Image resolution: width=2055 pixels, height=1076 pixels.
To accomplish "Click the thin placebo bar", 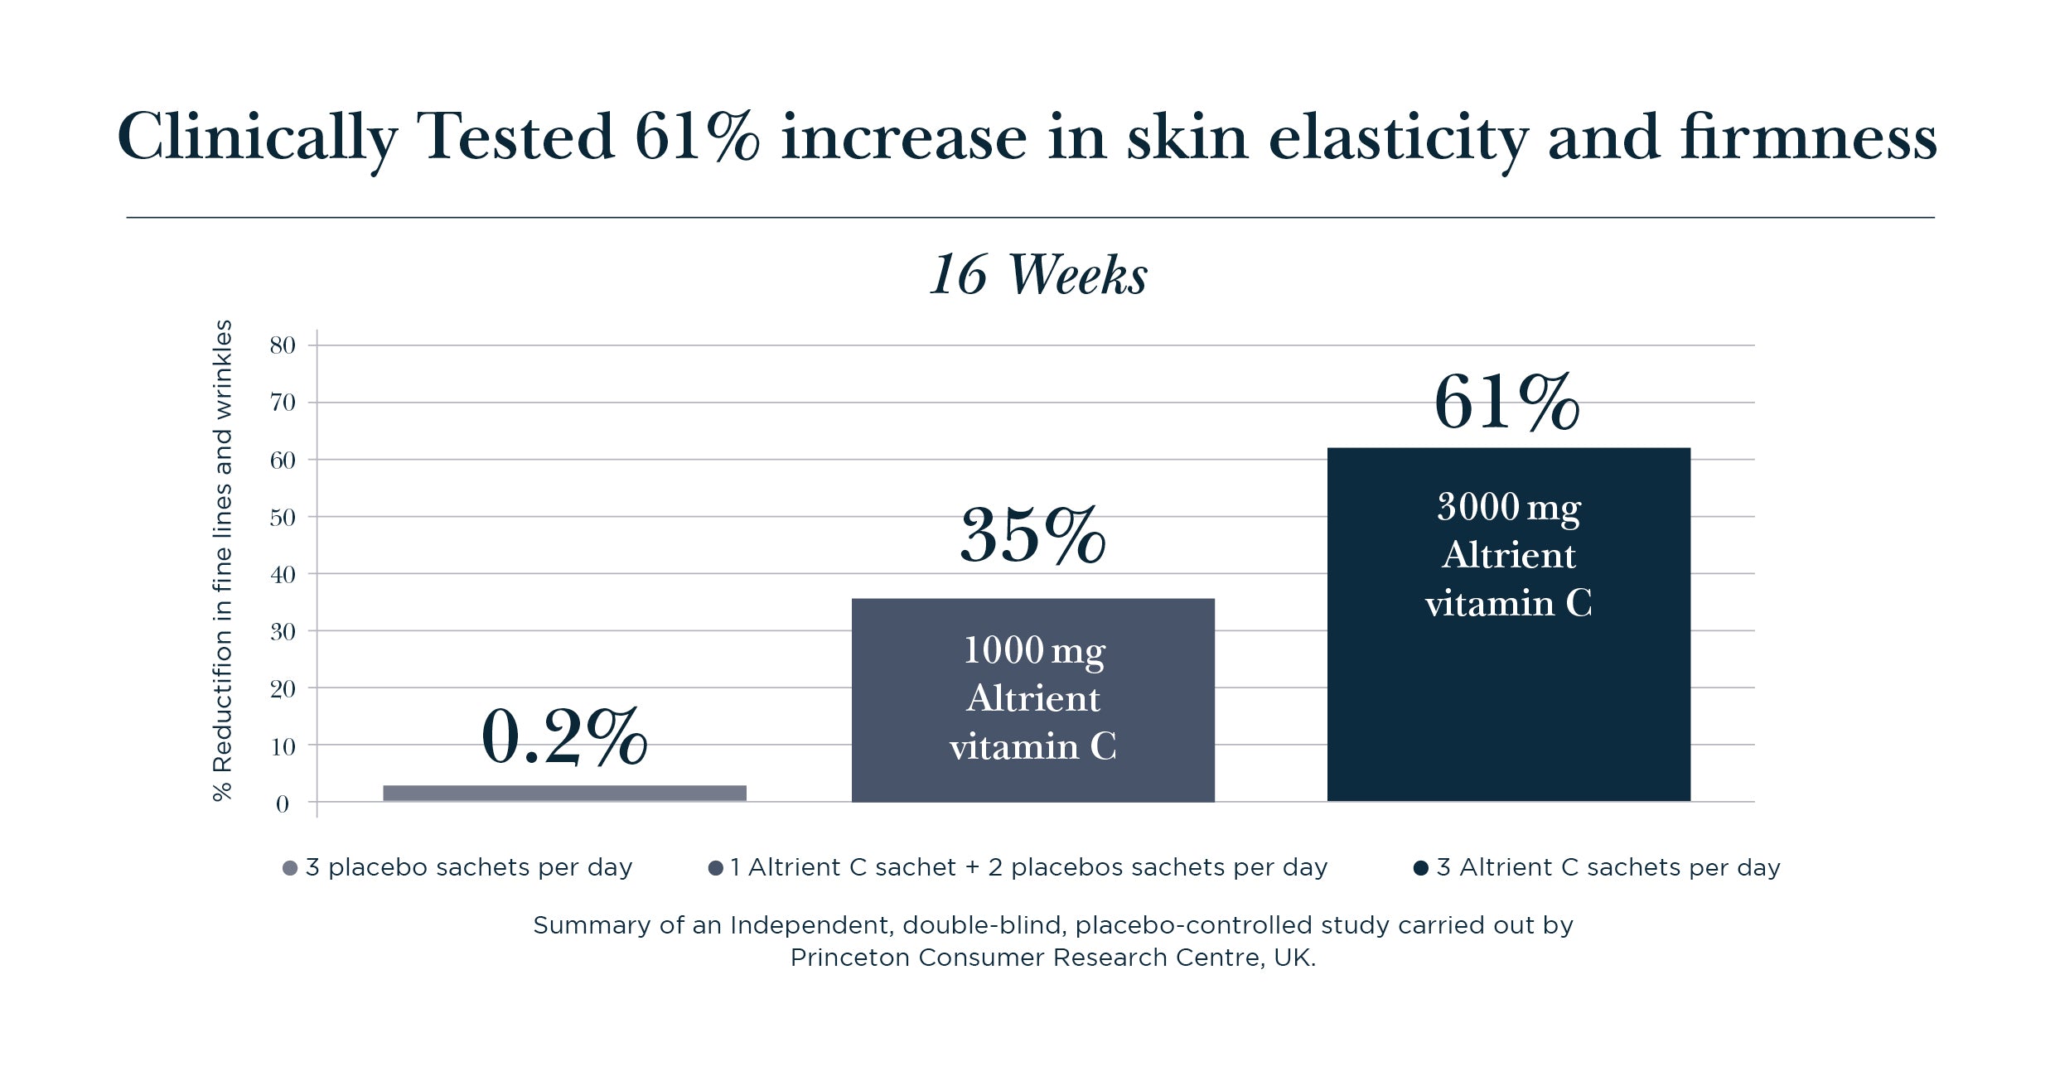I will [564, 793].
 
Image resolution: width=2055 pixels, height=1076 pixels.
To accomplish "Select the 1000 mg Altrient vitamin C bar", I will [1032, 700].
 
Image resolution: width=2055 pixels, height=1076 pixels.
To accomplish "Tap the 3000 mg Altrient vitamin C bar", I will [1508, 625].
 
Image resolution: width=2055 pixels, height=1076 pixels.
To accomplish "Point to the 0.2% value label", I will [564, 736].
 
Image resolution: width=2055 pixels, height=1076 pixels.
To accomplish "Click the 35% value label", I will [1032, 535].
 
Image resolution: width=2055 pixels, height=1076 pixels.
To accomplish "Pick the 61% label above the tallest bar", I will [1506, 403].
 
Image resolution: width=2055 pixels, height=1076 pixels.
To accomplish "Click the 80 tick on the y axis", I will [283, 345].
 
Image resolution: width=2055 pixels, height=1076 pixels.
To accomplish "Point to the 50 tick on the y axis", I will [283, 518].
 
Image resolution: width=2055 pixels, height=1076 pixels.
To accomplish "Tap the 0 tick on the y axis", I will [283, 803].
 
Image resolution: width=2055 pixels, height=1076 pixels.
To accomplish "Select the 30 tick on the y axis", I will [283, 632].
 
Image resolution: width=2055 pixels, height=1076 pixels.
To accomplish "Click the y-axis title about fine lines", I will [222, 561].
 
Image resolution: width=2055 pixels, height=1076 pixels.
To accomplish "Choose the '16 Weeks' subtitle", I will [1037, 275].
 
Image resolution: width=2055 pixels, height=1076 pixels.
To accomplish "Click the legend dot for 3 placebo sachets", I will [290, 868].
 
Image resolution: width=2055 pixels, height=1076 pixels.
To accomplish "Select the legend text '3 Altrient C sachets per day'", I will [1608, 867].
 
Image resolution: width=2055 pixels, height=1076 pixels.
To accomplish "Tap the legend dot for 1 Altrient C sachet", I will [716, 868].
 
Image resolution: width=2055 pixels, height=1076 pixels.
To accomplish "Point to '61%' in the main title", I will [696, 137].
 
